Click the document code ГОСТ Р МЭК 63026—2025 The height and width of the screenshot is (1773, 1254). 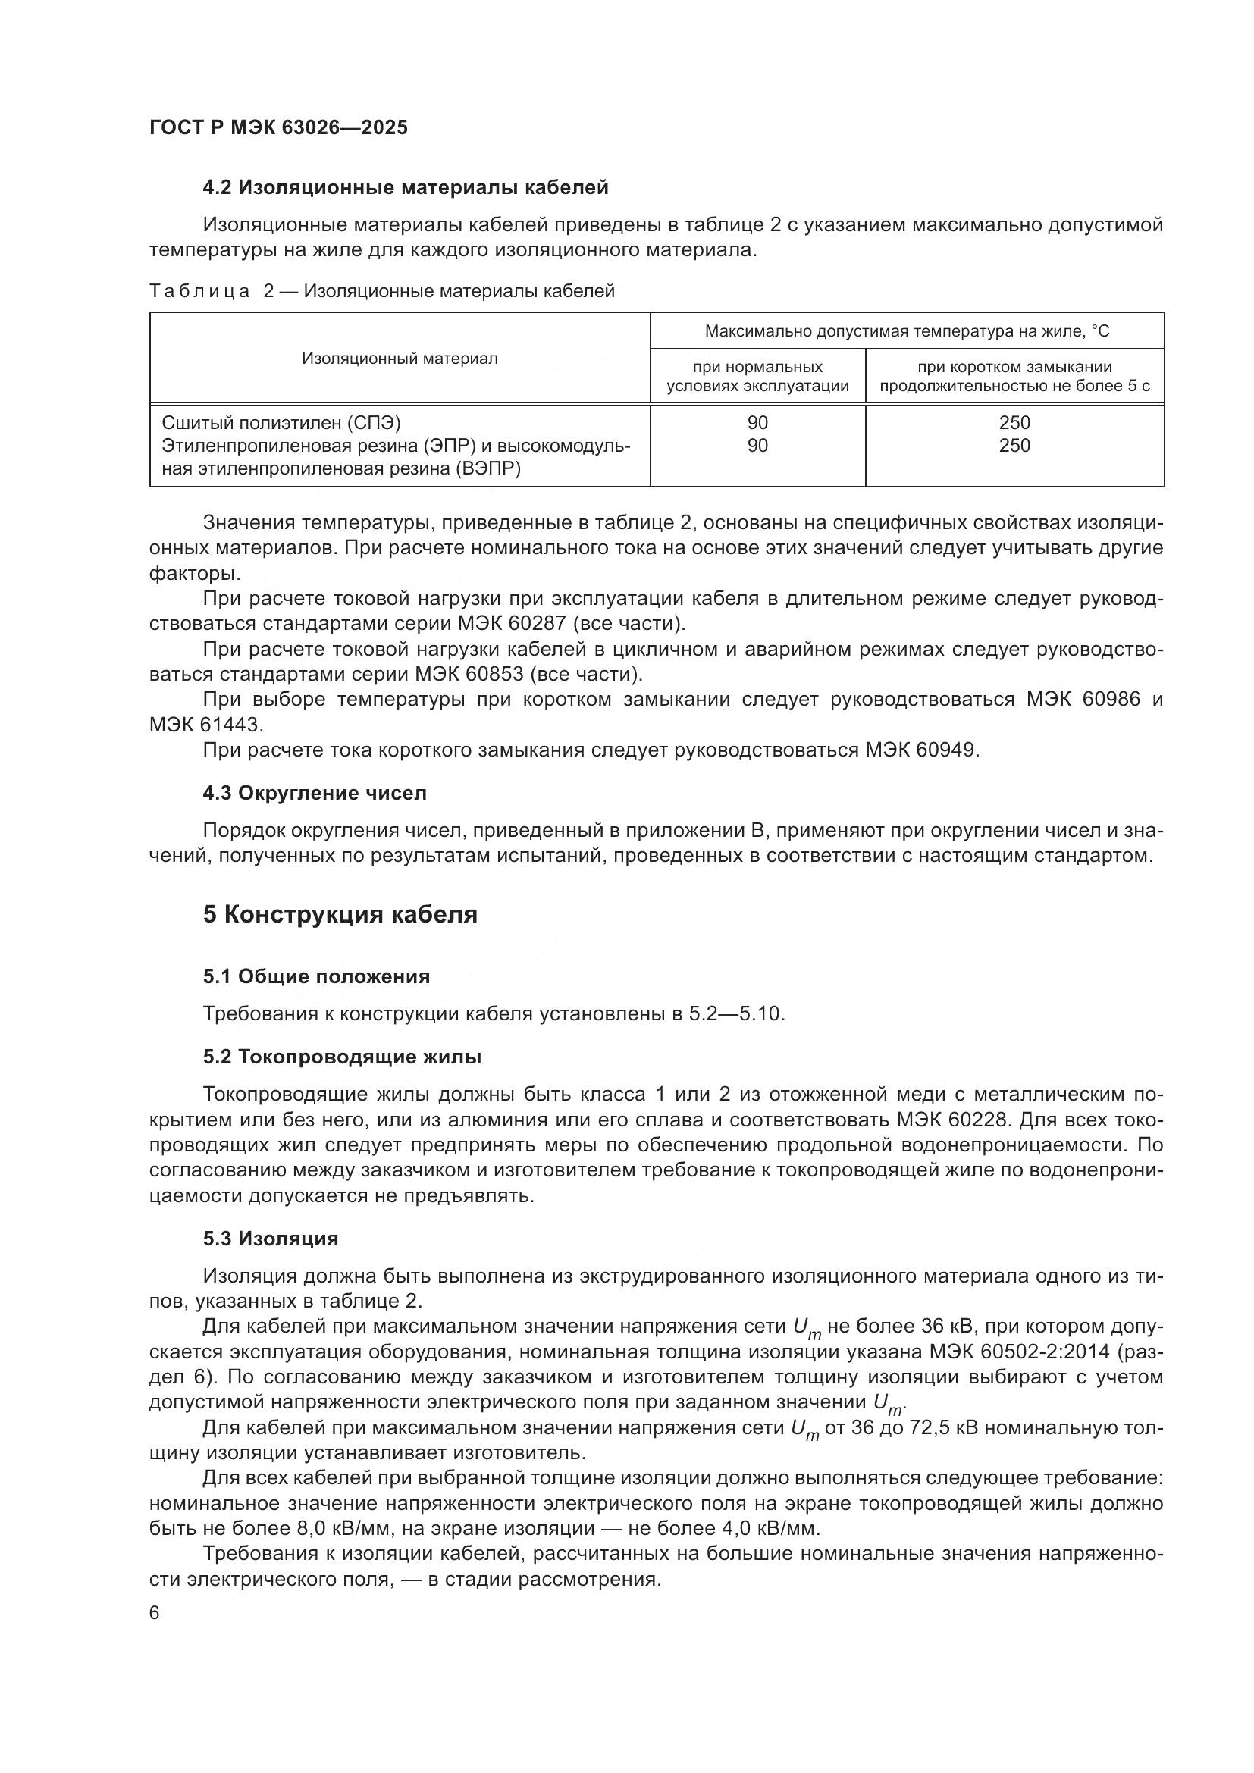278,128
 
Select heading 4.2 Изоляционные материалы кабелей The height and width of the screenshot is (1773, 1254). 406,188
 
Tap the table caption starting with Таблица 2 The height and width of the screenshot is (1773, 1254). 381,291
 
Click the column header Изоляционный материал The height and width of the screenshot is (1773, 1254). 400,359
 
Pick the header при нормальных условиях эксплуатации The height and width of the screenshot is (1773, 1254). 757,376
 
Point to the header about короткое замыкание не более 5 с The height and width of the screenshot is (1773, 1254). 1014,376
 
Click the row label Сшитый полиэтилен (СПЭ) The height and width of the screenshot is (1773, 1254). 281,422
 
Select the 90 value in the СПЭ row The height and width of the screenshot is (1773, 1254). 757,422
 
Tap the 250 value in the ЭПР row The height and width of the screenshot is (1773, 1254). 1014,446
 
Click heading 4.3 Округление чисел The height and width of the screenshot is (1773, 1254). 315,793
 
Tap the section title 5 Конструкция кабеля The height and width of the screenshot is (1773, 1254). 340,914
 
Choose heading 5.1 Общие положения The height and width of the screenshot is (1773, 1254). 317,977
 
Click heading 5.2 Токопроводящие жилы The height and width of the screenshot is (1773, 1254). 342,1057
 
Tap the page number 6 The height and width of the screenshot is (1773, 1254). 155,1613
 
